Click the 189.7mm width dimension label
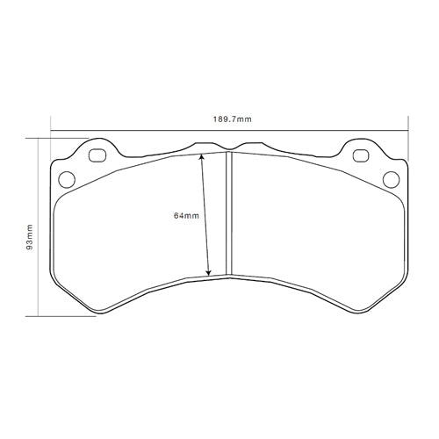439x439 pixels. pos(229,119)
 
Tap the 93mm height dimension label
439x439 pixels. pos(30,235)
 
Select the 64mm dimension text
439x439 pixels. pos(186,214)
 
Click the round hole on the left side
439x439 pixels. pos(66,179)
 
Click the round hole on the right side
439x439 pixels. pos(392,179)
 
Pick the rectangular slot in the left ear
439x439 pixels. pos(97,157)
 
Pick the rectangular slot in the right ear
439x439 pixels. pos(361,157)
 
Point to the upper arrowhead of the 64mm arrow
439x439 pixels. pos(202,157)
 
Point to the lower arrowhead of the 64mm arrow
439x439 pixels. pos(209,274)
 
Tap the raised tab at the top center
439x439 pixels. pos(211,144)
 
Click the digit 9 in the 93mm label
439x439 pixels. pos(30,247)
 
